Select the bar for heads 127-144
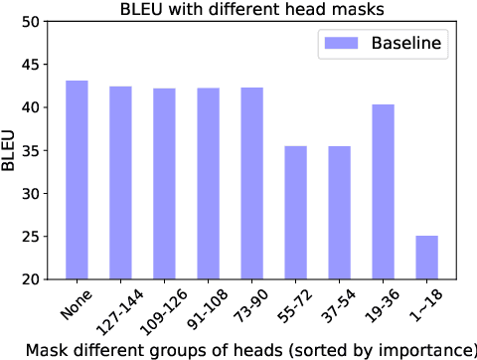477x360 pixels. pos(120,181)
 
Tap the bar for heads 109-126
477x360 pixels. pos(164,183)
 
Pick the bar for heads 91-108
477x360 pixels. pos(209,183)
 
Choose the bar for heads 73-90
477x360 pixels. pos(252,183)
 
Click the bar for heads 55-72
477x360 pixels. pos(295,213)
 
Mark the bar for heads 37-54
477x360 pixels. pos(339,213)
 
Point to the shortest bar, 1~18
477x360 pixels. pos(426,258)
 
